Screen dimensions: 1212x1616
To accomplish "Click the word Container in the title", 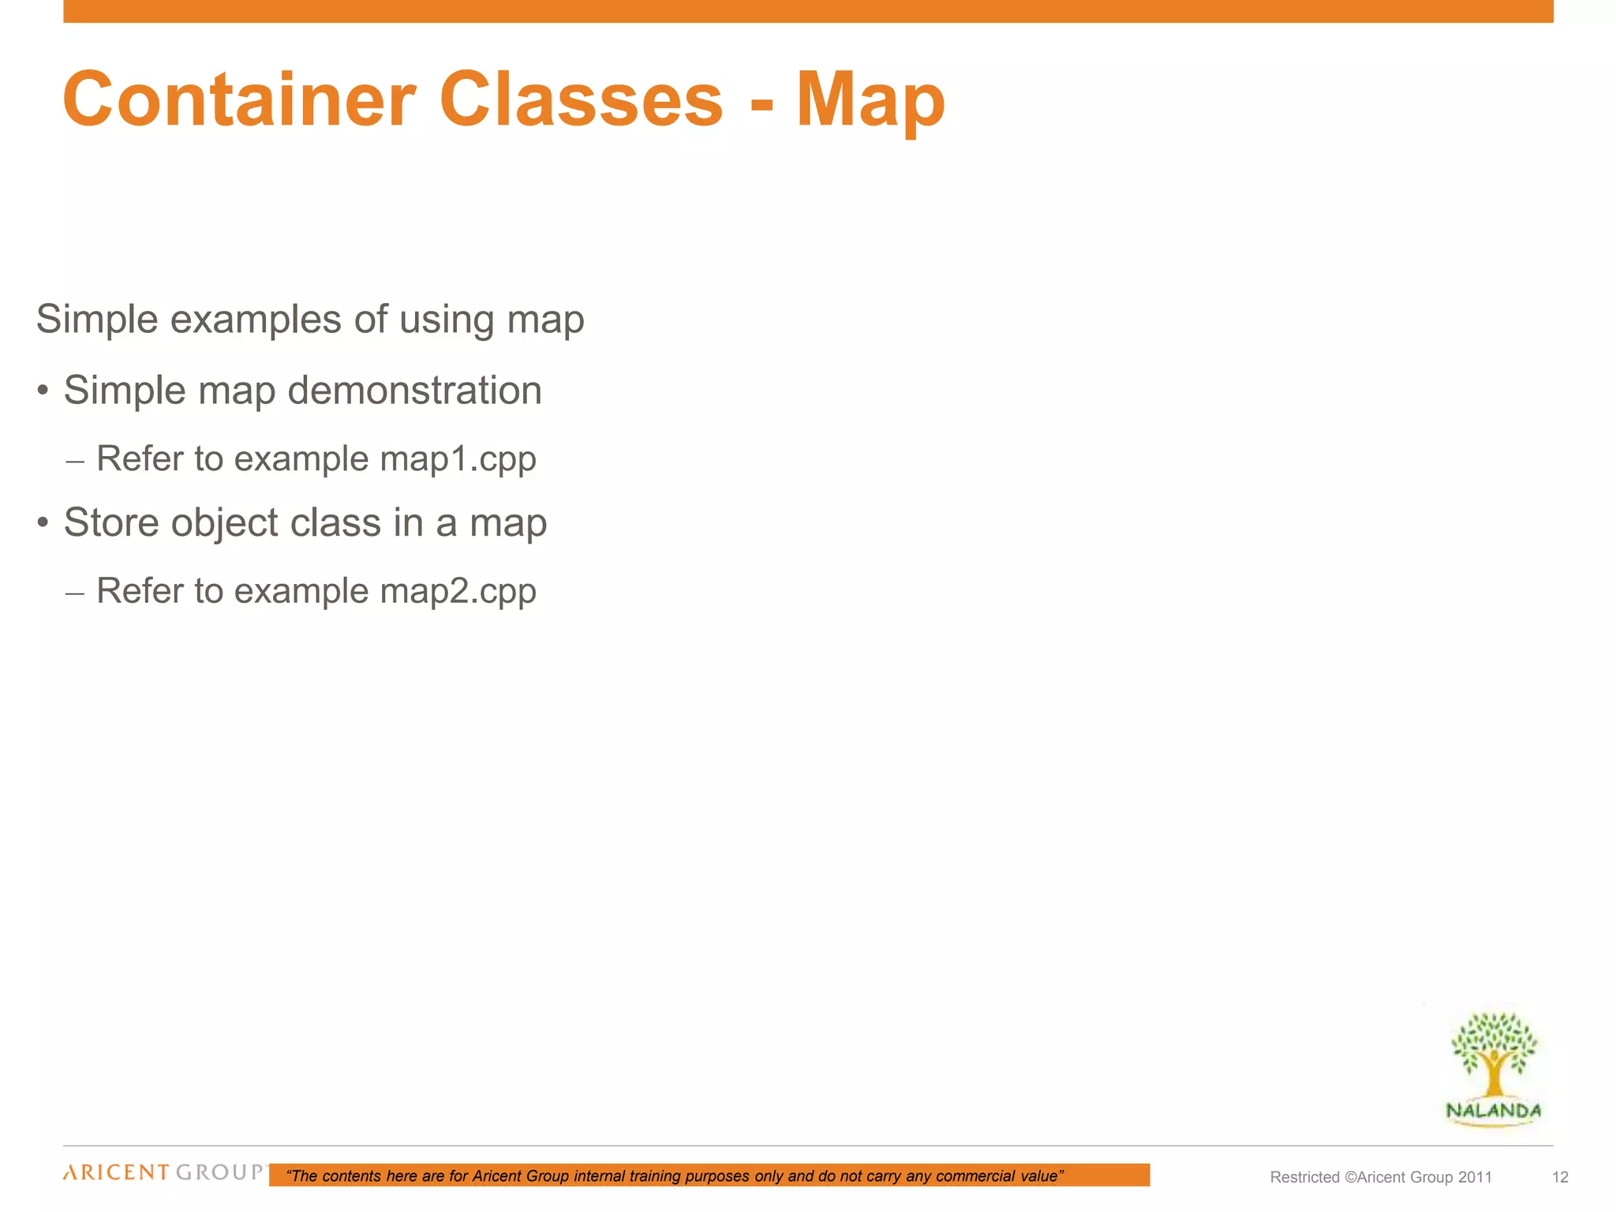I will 238,99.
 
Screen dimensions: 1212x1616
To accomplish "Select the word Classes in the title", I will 581,99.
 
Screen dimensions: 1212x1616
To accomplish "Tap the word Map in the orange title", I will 870,101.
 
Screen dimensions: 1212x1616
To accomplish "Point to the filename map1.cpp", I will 458,459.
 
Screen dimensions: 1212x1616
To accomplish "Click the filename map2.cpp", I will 458,591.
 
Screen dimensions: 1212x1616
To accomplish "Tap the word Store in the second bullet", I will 111,522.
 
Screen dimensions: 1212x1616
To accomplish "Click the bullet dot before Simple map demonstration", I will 43,391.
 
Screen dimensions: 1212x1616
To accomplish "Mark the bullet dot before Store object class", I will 43,522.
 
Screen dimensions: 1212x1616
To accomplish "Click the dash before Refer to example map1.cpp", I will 75,461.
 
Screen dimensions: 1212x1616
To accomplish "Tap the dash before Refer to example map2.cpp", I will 75,593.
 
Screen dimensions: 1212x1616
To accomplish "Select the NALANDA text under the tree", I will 1493,1111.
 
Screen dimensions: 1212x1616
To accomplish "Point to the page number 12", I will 1560,1177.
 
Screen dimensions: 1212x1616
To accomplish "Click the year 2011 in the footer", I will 1475,1177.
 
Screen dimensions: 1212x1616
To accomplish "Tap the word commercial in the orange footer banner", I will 975,1176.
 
